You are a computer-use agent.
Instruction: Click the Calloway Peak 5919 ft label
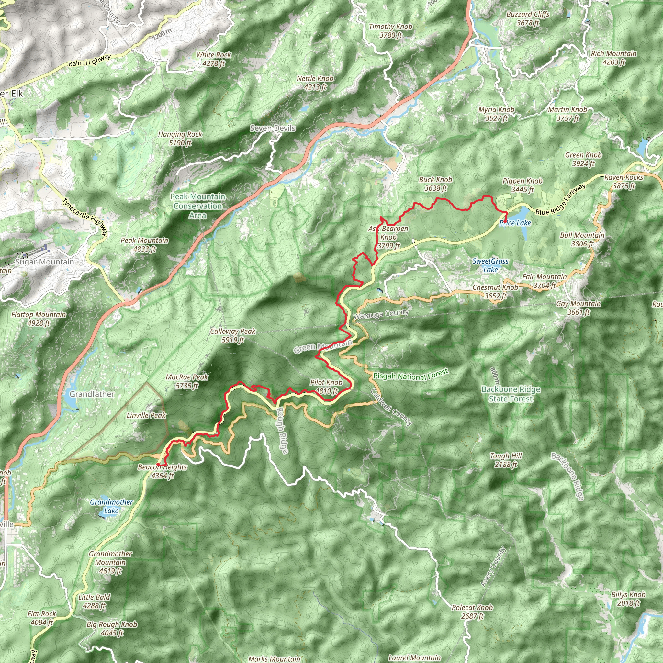pyautogui.click(x=233, y=336)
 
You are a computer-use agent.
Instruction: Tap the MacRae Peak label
pyautogui.click(x=187, y=381)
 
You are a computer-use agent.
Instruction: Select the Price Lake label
pyautogui.click(x=515, y=223)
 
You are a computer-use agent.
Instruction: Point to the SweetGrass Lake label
pyautogui.click(x=490, y=265)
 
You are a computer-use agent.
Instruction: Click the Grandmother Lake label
pyautogui.click(x=111, y=506)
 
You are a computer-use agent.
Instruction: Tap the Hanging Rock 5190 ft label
pyautogui.click(x=180, y=139)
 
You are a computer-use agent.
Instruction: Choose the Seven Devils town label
pyautogui.click(x=273, y=128)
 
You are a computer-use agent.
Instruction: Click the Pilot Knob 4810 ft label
pyautogui.click(x=326, y=387)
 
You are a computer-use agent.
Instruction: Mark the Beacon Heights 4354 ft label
pyautogui.click(x=162, y=471)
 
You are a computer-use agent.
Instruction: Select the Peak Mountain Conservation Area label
pyautogui.click(x=198, y=206)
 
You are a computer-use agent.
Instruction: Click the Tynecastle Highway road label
pyautogui.click(x=85, y=218)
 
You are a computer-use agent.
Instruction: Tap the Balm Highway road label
pyautogui.click(x=89, y=61)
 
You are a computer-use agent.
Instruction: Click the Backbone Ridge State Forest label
pyautogui.click(x=511, y=394)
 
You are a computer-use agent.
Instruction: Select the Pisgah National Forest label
pyautogui.click(x=411, y=375)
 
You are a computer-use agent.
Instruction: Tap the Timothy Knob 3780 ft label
pyautogui.click(x=390, y=30)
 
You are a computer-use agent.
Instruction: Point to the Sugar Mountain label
pyautogui.click(x=45, y=262)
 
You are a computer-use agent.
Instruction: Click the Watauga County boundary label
pyautogui.click(x=381, y=314)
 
